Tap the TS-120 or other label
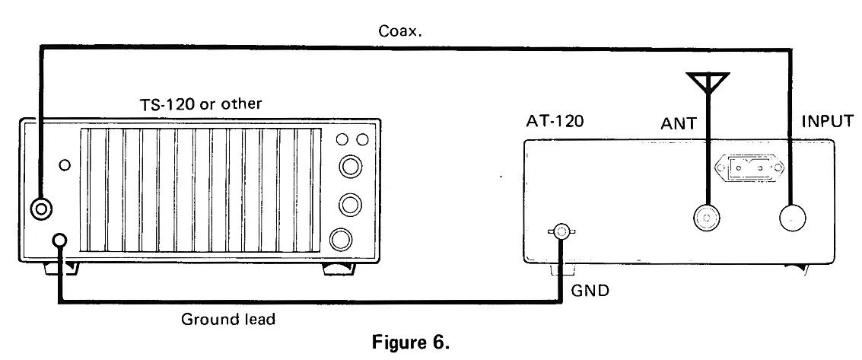197,104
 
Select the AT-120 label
554,121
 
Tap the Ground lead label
228,320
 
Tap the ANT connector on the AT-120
708,219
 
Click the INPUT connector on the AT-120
793,219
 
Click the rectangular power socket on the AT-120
740,167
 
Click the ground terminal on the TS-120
60,242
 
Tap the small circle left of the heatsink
65,164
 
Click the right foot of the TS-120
339,268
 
